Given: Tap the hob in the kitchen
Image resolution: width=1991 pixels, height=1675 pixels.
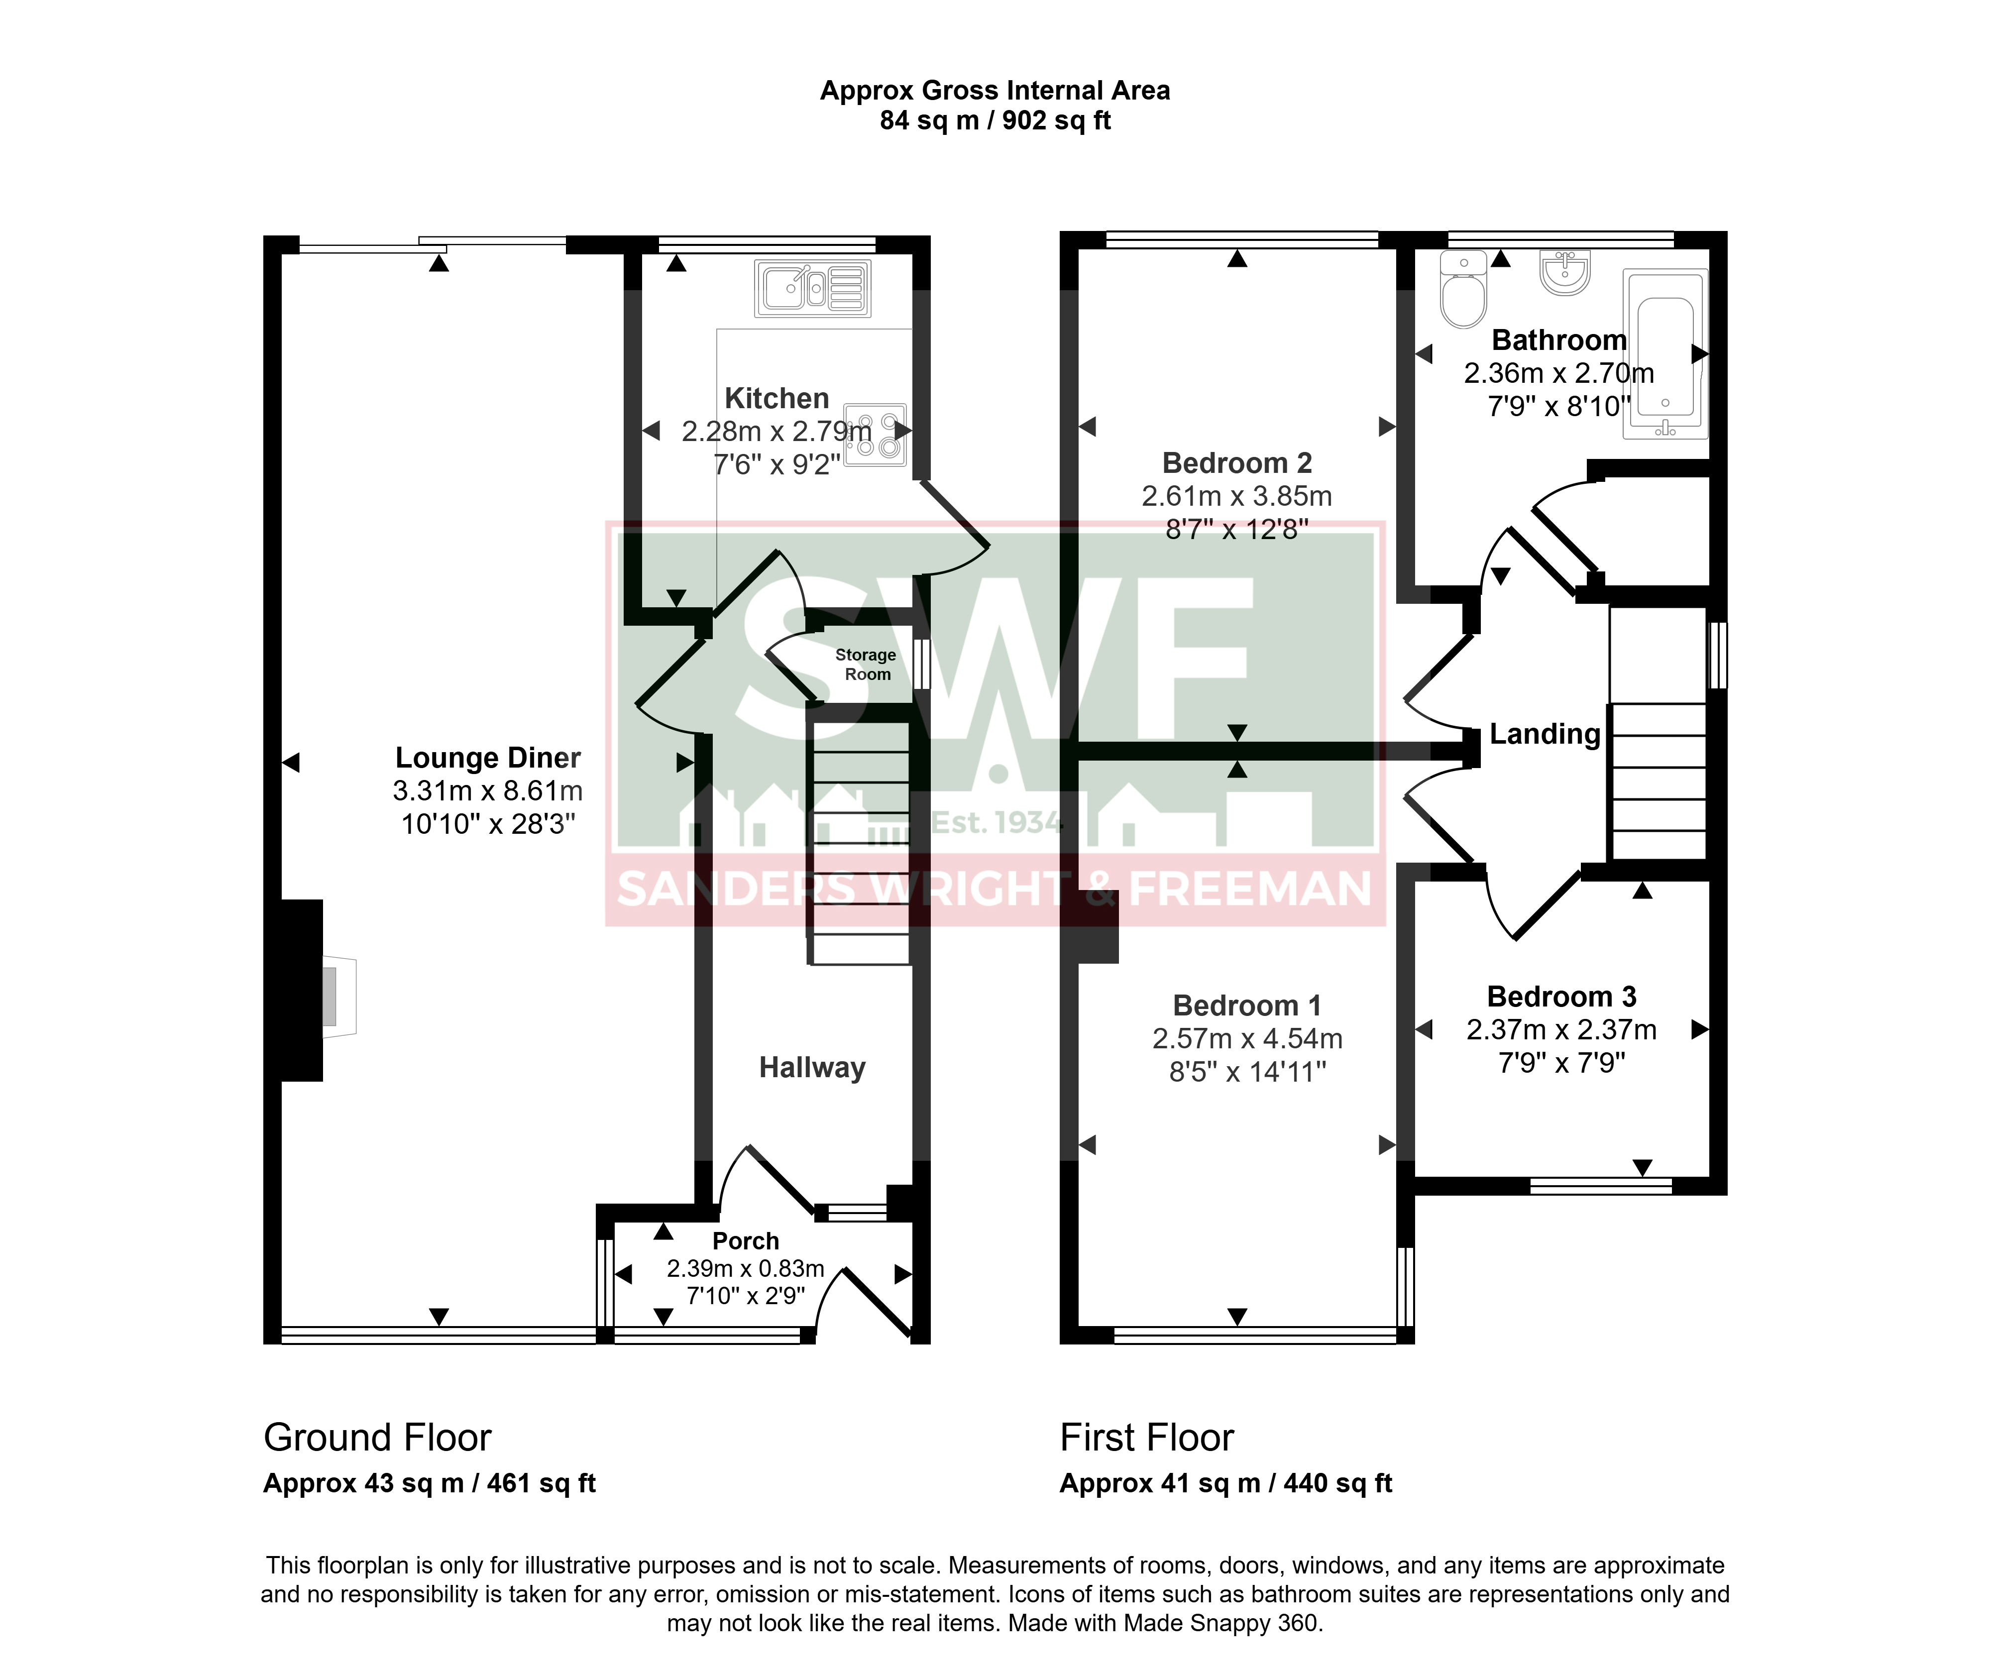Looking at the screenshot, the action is pyautogui.click(x=876, y=435).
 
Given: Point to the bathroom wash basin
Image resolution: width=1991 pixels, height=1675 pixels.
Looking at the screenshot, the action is pyautogui.click(x=1565, y=272).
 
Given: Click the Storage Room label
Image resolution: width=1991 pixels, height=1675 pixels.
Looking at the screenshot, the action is pyautogui.click(x=866, y=665).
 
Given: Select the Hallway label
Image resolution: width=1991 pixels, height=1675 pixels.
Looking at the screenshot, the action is pyautogui.click(x=813, y=1068).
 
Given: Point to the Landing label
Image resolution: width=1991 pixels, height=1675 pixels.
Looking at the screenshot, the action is pyautogui.click(x=1545, y=734).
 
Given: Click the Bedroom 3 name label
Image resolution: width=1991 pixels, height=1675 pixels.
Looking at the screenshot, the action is pyautogui.click(x=1562, y=997).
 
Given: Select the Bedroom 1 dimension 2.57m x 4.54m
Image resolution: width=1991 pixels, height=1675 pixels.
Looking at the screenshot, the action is pyautogui.click(x=1247, y=1039).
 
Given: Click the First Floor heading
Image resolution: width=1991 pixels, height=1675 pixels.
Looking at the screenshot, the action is pyautogui.click(x=1147, y=1438).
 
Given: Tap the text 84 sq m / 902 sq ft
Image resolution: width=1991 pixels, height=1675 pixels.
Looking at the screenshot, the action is pyautogui.click(x=995, y=120).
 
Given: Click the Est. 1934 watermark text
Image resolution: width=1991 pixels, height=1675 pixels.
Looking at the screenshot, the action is pyautogui.click(x=997, y=822).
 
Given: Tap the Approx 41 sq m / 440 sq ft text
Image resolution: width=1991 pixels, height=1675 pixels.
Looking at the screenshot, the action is pyautogui.click(x=1226, y=1483).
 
